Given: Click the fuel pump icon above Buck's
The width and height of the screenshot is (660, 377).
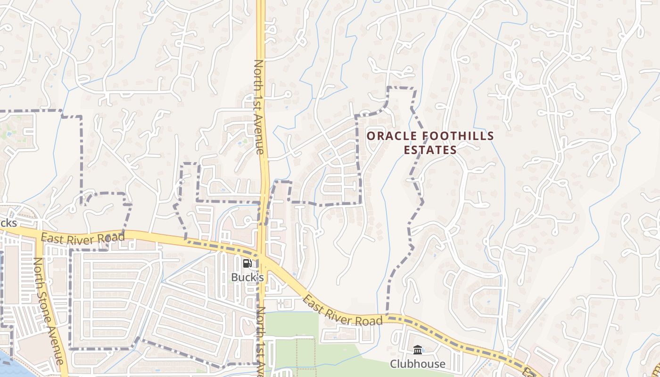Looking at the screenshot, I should (x=247, y=263).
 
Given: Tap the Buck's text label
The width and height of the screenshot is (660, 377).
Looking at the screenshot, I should (x=247, y=278).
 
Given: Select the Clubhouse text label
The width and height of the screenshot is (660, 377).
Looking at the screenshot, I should (x=417, y=364).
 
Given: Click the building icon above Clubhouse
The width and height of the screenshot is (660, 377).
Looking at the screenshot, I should (x=417, y=350).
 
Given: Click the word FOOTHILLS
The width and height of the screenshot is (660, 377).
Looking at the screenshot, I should (x=457, y=136).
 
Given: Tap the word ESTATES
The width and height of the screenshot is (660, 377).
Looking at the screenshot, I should (x=430, y=150).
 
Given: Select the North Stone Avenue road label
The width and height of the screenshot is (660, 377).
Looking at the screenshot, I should (x=47, y=311).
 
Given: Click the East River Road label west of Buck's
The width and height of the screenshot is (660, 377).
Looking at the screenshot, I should (x=82, y=237).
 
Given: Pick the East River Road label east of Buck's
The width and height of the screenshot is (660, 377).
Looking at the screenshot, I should (x=342, y=311).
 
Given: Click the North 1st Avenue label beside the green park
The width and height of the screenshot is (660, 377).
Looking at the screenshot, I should (x=260, y=342).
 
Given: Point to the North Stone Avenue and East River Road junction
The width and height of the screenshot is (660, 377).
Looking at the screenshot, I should (x=36, y=234).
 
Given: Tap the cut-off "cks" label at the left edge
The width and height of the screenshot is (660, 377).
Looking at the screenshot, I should (x=8, y=223).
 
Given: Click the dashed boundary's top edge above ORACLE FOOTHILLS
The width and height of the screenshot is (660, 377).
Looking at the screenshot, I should (x=401, y=88).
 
